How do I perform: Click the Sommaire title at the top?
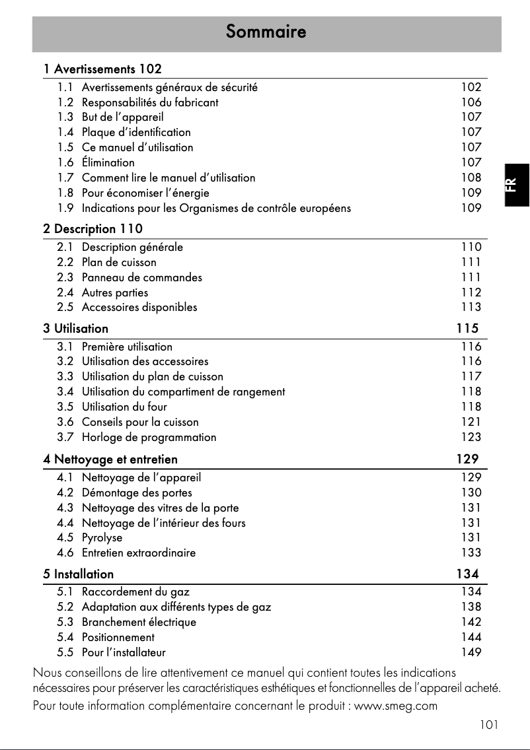pos(266,32)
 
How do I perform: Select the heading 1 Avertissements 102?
pos(102,69)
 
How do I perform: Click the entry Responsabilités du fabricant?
pos(150,102)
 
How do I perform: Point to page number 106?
pos(471,102)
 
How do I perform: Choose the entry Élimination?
pos(108,162)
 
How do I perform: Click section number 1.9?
pos(65,208)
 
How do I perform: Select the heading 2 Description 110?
pos(93,229)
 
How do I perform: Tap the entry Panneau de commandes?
pos(142,277)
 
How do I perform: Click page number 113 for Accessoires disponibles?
pos(471,307)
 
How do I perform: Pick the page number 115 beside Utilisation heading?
pos(467,328)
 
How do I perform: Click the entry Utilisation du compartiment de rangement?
pos(183,392)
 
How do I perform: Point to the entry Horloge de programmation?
pos(149,437)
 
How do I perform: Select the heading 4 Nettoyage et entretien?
pos(110,458)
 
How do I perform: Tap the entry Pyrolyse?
pos(102,537)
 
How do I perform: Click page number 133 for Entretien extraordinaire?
pos(471,553)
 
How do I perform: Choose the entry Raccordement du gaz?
pos(135,592)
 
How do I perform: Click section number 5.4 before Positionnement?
pos(65,637)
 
